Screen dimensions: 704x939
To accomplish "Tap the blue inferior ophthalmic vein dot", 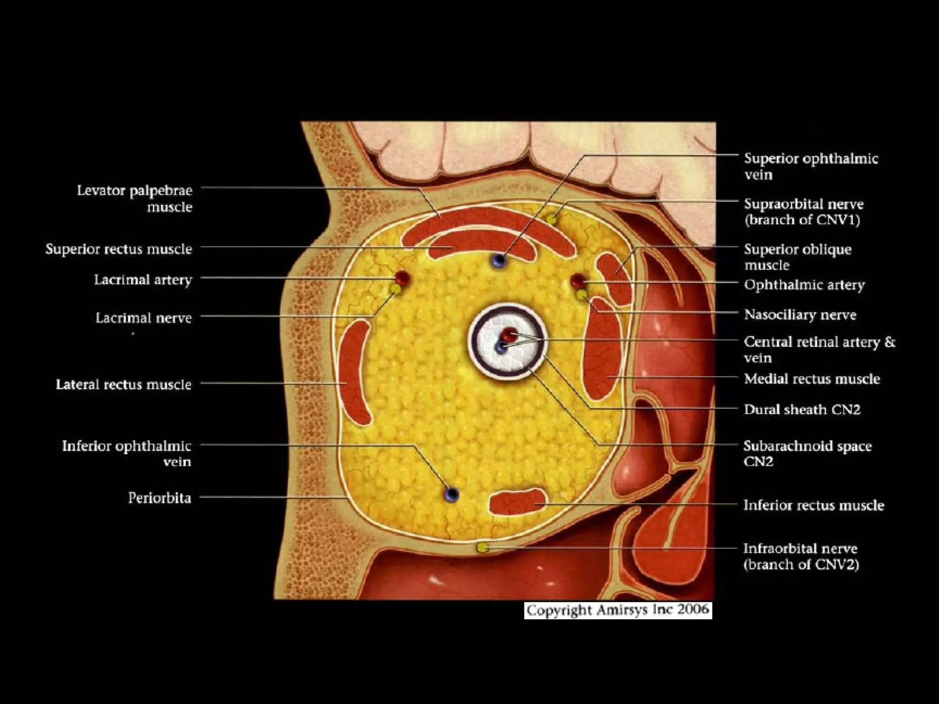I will pyautogui.click(x=452, y=494).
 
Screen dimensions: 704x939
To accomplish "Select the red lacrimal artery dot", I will pyautogui.click(x=402, y=277).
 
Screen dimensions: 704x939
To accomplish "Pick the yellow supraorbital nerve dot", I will pyautogui.click(x=552, y=220).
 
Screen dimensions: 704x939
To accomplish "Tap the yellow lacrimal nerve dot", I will pyautogui.click(x=395, y=289).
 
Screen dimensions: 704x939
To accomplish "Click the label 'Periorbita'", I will pyautogui.click(x=159, y=498).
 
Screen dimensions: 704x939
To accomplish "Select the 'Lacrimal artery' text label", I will pyautogui.click(x=143, y=280).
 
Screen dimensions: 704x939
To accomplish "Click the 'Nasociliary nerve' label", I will pyautogui.click(x=800, y=315).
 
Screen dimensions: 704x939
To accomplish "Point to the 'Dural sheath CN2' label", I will pyautogui.click(x=802, y=409).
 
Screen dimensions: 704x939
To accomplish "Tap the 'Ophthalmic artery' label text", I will pyautogui.click(x=804, y=285).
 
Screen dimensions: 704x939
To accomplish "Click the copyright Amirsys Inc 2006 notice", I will pyautogui.click(x=618, y=610).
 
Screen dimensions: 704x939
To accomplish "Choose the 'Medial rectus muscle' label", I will pyautogui.click(x=812, y=379).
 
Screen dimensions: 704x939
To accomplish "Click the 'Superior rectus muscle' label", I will pyautogui.click(x=119, y=249).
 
